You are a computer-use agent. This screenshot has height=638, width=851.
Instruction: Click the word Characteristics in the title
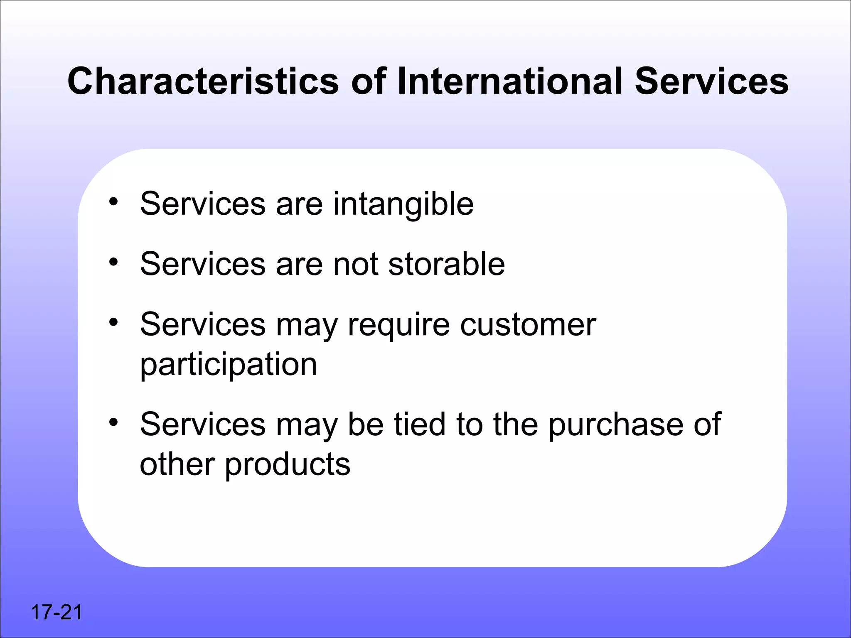click(x=203, y=81)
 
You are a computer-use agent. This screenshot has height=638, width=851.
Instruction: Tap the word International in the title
click(x=510, y=81)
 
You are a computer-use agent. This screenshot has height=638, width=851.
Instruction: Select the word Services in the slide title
click(x=711, y=81)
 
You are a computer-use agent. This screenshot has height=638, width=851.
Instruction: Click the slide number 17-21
click(x=57, y=612)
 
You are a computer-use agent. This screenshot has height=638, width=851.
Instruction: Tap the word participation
click(x=229, y=365)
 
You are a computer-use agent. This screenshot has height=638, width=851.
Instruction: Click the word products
click(x=288, y=464)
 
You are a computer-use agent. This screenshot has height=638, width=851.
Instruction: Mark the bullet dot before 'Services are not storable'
click(x=113, y=262)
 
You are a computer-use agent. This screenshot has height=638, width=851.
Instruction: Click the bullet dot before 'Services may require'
click(x=113, y=322)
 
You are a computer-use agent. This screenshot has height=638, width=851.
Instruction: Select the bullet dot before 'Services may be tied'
click(x=113, y=422)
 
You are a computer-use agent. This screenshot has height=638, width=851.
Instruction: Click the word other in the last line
click(x=177, y=464)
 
